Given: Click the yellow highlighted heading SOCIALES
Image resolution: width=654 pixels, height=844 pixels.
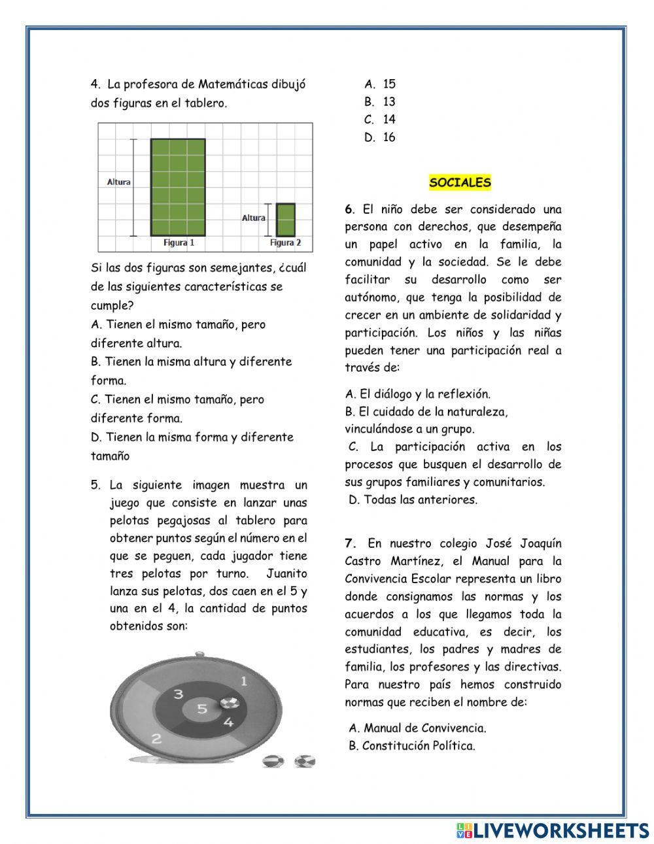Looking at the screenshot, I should tap(460, 183).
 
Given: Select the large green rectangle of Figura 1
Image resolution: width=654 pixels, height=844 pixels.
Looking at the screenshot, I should tap(177, 187).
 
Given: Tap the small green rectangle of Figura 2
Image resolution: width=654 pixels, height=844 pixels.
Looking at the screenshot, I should tap(285, 220).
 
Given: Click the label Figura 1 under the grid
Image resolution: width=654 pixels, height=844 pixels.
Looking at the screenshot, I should tap(179, 243).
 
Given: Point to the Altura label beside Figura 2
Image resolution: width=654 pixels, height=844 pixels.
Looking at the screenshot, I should tap(253, 218).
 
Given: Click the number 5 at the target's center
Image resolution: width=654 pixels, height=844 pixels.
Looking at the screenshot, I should tap(202, 709).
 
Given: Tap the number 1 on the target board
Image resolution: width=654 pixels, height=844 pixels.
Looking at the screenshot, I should tap(244, 681).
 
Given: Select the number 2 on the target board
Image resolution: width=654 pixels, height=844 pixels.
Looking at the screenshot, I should tap(156, 739).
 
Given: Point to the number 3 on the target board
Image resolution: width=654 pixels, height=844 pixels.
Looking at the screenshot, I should tap(178, 694).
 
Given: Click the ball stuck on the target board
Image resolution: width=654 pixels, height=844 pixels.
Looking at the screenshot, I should tap(229, 703).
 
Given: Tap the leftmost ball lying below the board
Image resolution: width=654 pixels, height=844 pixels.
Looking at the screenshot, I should tap(271, 762).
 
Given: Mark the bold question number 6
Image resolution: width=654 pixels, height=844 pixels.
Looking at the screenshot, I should tap(349, 210).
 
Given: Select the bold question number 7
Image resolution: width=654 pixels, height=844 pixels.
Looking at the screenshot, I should tap(351, 543).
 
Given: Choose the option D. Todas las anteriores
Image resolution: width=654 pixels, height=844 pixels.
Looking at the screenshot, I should tap(413, 500).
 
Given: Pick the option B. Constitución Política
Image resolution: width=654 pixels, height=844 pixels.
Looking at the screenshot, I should tap(411, 746).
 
